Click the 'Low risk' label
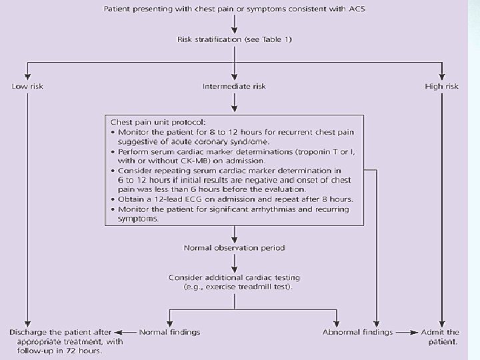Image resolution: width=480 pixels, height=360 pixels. pyautogui.click(x=27, y=87)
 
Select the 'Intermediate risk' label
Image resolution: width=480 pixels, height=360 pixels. pyautogui.click(x=233, y=87)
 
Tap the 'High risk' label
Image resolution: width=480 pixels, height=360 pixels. pyautogui.click(x=442, y=87)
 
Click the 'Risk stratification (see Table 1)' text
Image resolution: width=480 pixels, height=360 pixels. pyautogui.click(x=234, y=40)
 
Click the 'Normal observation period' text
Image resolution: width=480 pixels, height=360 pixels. pyautogui.click(x=234, y=248)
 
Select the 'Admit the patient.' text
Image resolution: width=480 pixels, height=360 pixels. pyautogui.click(x=440, y=337)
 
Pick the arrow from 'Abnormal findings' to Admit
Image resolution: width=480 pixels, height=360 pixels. pyautogui.click(x=405, y=332)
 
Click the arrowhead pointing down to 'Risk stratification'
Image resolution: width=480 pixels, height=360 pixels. pyautogui.click(x=234, y=31)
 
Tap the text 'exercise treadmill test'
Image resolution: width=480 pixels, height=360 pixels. pyautogui.click(x=247, y=287)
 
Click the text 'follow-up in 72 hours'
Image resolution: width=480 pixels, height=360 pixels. pyautogui.click(x=66, y=351)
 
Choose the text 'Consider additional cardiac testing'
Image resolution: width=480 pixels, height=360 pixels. pyautogui.click(x=234, y=277)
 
